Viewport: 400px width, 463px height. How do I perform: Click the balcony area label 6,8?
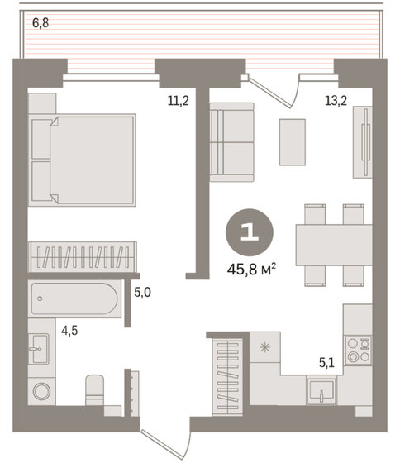[40, 22]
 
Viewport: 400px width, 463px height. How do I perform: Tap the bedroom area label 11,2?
[178, 102]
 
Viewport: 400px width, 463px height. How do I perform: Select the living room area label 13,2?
[334, 102]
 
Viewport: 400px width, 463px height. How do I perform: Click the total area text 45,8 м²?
[252, 268]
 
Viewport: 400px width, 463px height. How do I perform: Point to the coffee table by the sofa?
[292, 142]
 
